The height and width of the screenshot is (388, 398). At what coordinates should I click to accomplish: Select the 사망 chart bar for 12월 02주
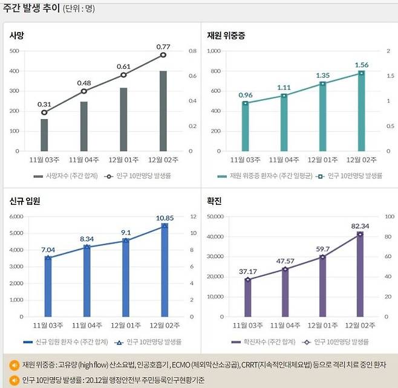click(163, 111)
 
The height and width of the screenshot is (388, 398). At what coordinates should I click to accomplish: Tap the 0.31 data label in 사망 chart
click(44, 104)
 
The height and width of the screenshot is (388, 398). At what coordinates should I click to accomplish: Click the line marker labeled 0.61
click(123, 75)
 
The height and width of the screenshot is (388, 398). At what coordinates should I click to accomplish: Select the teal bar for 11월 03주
click(245, 127)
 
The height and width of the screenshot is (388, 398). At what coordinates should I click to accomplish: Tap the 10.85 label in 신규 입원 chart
click(165, 218)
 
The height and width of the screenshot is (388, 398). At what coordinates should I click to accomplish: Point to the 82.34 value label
click(360, 225)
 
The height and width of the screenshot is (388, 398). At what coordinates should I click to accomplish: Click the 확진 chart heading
click(215, 201)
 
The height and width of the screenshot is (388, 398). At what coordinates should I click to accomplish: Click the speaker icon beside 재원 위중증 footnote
click(13, 365)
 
